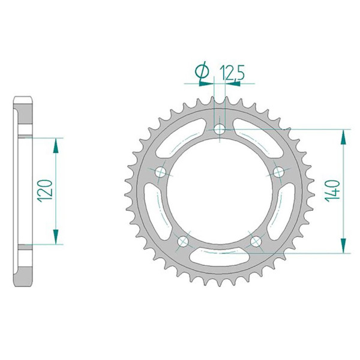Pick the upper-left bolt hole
coord(160,172)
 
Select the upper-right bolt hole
coord(279,172)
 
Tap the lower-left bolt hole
coord(183,241)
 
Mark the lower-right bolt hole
coord(256,241)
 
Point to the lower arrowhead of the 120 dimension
coord(57,239)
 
